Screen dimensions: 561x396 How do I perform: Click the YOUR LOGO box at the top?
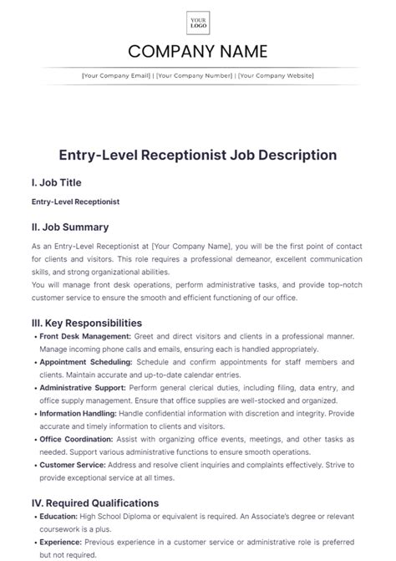(198, 23)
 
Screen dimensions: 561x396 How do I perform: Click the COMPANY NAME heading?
(198, 51)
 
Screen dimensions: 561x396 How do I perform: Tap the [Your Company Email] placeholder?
(116, 76)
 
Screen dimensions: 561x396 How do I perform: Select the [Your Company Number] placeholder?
(194, 76)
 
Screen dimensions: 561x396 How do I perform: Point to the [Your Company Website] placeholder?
(276, 76)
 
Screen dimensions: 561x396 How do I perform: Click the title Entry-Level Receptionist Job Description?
(198, 155)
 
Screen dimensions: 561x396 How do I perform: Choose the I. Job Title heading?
(56, 182)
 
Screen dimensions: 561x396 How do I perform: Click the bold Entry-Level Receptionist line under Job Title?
(75, 201)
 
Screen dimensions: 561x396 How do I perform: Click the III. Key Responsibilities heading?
(86, 323)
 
